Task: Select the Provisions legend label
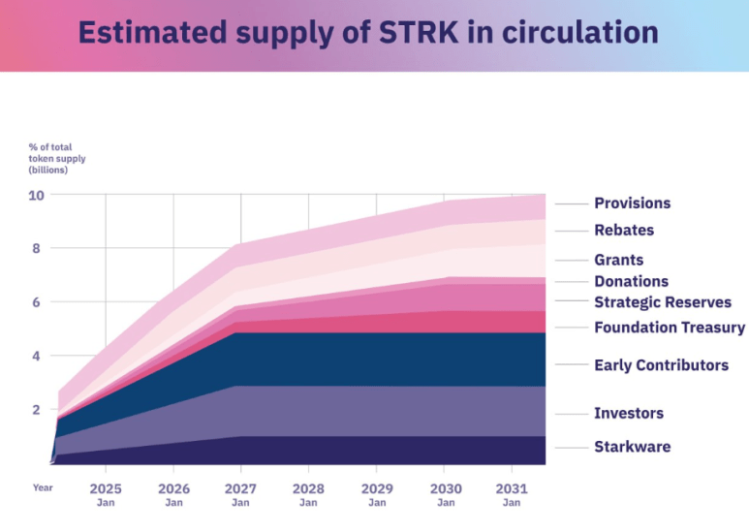[632, 203]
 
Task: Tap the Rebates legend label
[624, 231]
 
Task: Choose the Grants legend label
[618, 260]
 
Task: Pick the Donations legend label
[631, 282]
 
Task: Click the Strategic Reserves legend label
[663, 303]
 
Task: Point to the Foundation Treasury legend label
[670, 328]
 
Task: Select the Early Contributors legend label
[661, 365]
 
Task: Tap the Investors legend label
[629, 413]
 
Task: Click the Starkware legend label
[632, 447]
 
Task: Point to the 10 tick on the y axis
[36, 195]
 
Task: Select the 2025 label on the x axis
[106, 487]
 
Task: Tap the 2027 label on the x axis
[240, 487]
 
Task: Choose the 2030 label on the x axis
[446, 487]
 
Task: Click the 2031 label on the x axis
[512, 487]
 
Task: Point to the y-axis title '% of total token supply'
[57, 157]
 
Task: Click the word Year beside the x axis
[43, 487]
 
